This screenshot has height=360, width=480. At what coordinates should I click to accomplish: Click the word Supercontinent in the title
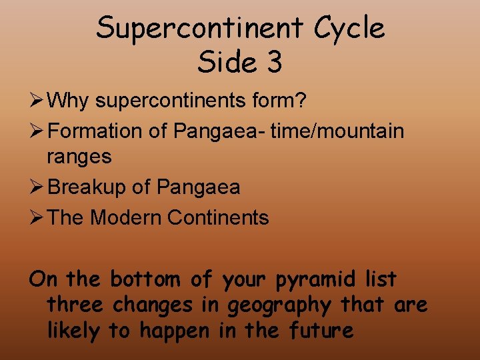coord(190,28)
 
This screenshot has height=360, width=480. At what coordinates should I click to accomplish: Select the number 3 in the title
coord(273,62)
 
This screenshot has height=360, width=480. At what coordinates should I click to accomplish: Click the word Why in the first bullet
coord(70,101)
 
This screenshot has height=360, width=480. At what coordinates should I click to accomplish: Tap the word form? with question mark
coord(283,101)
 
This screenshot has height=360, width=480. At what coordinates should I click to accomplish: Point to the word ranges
coord(79,157)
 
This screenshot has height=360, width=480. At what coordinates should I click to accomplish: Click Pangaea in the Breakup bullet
coord(198,188)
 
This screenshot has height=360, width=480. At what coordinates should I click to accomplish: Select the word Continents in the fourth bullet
coord(218,217)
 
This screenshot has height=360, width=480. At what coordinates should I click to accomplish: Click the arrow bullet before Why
coord(37,101)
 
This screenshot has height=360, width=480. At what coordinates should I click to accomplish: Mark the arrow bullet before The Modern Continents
coord(37,217)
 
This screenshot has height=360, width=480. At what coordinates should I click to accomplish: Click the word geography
coord(279,305)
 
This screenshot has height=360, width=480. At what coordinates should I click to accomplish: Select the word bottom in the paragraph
coord(144,278)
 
